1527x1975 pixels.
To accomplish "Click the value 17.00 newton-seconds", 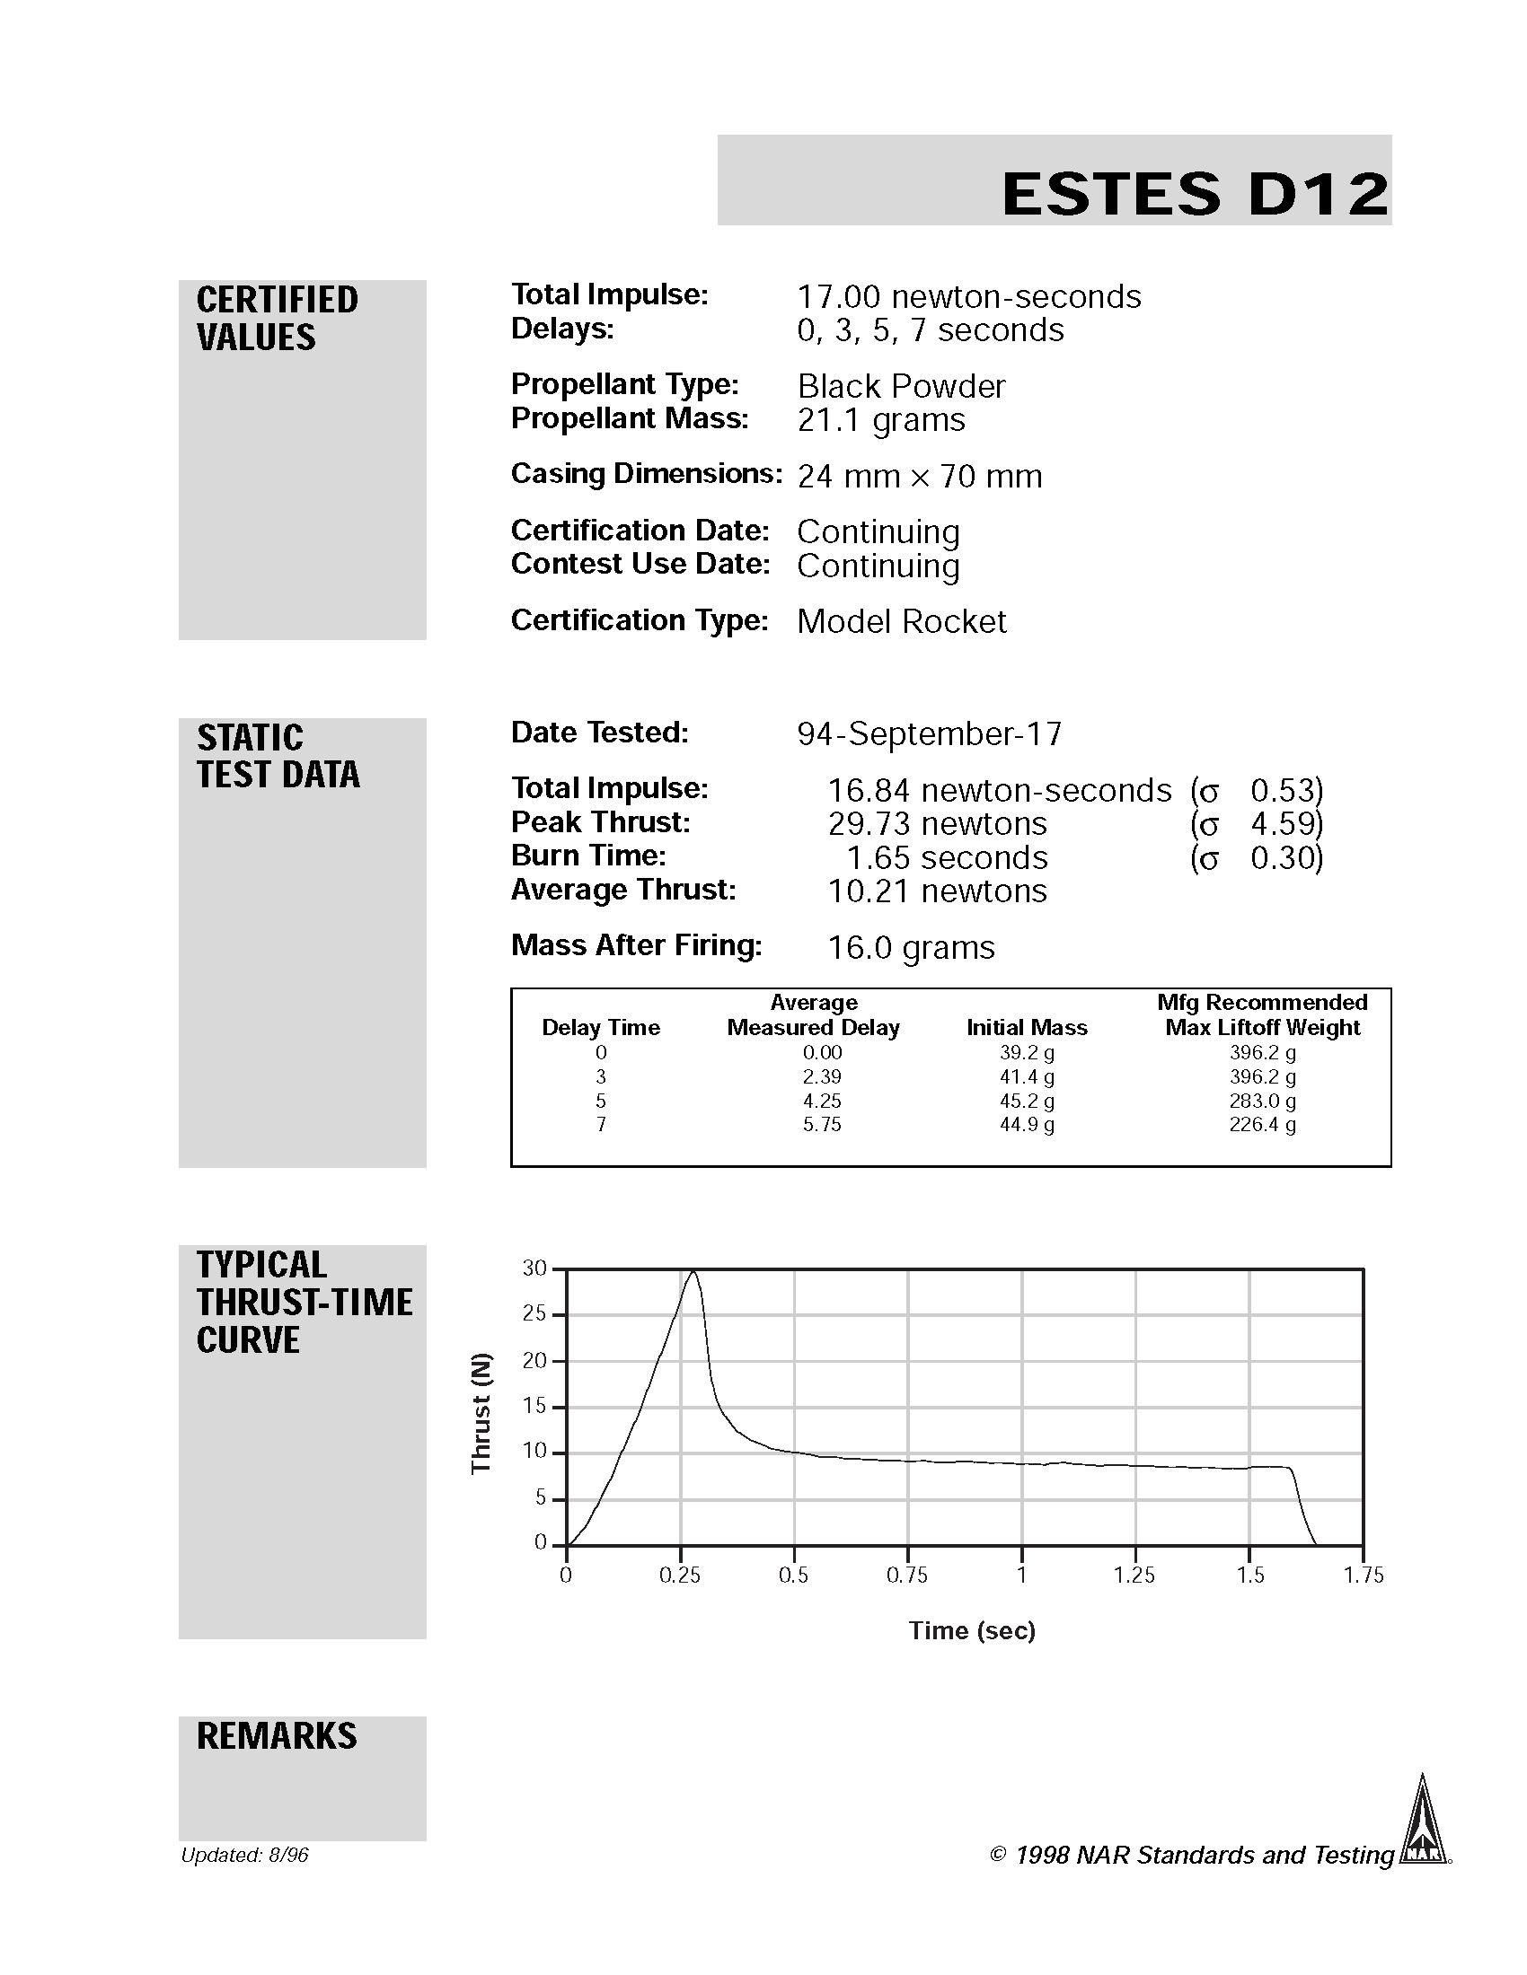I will click(x=968, y=296).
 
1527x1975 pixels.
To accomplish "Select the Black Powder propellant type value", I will click(x=900, y=386).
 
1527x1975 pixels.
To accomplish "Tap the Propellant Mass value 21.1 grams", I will click(x=880, y=419).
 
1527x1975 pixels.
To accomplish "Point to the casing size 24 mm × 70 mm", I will click(x=919, y=476).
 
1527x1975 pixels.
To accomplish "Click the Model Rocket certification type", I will click(x=901, y=621).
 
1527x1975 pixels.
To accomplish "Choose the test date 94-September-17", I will click(x=929, y=733).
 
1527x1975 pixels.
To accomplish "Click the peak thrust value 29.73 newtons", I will click(x=936, y=824).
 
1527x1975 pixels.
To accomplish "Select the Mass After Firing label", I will click(x=636, y=945).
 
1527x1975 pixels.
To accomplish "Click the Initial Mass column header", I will click(x=1026, y=1027).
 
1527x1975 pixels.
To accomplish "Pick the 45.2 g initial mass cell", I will click(x=1026, y=1101).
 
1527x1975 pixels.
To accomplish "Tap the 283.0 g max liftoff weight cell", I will click(x=1262, y=1101).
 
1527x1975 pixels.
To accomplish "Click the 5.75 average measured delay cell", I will click(x=821, y=1125).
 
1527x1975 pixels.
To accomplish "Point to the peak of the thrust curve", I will click(x=693, y=1271).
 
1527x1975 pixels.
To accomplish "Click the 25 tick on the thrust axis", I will click(x=534, y=1313).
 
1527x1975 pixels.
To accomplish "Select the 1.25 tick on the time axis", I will click(x=1134, y=1576).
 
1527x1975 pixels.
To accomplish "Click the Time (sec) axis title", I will click(x=972, y=1630).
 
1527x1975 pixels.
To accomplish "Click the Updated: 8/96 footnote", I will click(x=244, y=1856).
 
